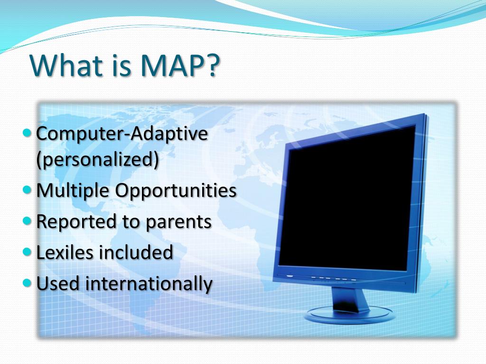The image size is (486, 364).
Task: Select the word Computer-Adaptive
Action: [122, 134]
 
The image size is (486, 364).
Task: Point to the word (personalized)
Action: [97, 160]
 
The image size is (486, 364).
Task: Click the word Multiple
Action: [73, 191]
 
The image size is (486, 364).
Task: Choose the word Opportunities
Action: [176, 191]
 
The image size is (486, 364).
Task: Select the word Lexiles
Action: [65, 252]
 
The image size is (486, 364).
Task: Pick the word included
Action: [136, 252]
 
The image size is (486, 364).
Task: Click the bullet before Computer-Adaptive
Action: [27, 133]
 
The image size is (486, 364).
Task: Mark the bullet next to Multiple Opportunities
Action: [27, 190]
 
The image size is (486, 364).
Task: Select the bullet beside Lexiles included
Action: [27, 252]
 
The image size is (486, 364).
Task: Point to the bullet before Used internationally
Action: [27, 282]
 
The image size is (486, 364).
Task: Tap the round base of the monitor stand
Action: [350, 315]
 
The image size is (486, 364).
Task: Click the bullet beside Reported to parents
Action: [27, 221]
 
